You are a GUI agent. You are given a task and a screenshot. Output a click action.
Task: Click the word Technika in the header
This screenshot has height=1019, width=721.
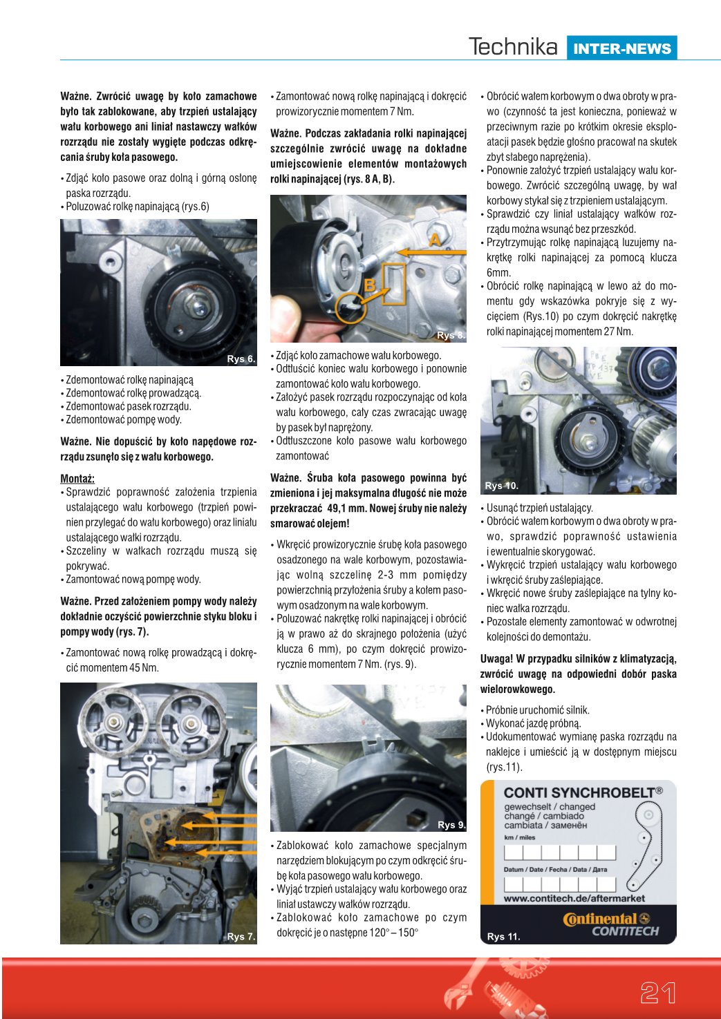tap(513, 47)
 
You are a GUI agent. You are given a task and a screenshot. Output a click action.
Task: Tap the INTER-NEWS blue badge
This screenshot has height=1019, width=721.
tap(621, 48)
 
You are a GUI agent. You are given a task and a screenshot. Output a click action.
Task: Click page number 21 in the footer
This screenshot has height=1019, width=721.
tap(657, 993)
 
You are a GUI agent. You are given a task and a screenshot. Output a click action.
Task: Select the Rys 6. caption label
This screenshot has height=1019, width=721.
tap(241, 359)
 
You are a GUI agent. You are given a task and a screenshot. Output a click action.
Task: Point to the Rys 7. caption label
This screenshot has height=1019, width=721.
tap(241, 936)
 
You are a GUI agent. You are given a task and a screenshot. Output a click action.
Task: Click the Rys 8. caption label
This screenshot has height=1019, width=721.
tap(451, 335)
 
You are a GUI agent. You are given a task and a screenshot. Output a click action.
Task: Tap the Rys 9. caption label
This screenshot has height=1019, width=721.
tap(451, 824)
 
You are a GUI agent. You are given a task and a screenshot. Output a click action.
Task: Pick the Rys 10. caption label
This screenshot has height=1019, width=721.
tap(501, 486)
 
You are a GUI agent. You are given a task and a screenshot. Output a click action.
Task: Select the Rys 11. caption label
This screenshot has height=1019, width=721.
tap(503, 936)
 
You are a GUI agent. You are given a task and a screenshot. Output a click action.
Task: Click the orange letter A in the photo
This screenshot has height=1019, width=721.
tap(435, 240)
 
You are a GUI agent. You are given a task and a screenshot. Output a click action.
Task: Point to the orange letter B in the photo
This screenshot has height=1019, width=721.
tap(370, 285)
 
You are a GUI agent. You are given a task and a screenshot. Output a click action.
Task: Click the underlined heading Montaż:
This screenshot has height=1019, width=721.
tap(77, 478)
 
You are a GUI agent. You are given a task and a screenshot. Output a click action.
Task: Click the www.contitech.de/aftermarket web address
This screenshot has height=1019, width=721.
tap(574, 898)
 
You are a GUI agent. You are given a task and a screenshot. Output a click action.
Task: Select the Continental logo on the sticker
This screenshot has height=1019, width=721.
tap(606, 919)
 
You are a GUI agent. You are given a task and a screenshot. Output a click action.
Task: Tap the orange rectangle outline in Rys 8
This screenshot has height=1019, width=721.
tap(393, 284)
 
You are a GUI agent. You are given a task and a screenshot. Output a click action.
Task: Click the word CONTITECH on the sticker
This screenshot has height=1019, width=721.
tap(625, 931)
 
